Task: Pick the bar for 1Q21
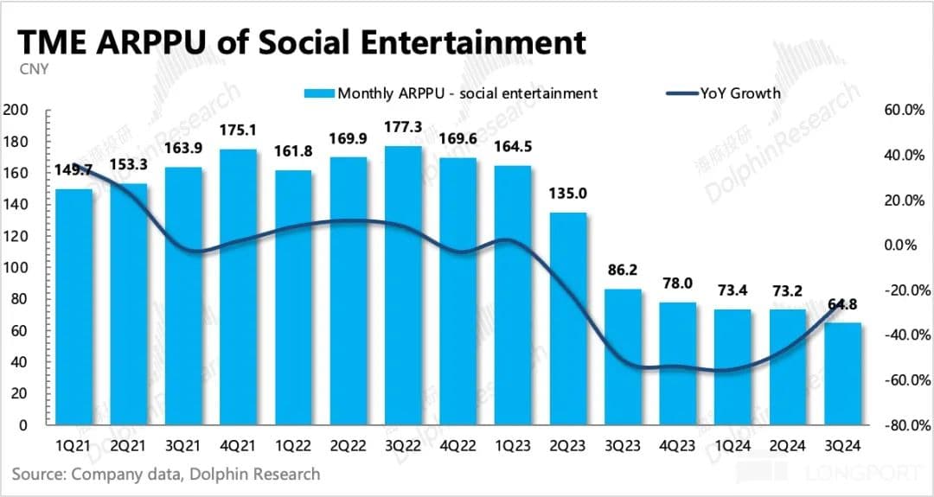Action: coord(74,307)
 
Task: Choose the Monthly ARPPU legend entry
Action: coord(450,93)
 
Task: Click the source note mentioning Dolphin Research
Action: coord(166,474)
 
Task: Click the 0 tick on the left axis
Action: coord(24,425)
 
